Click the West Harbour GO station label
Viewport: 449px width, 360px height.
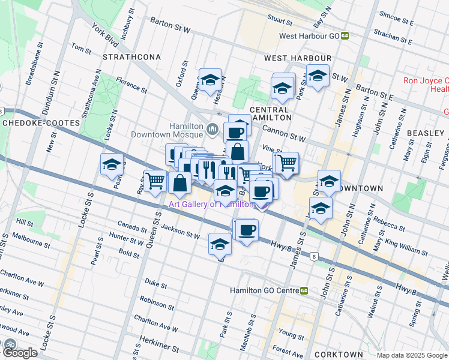pyautogui.click(x=310, y=36)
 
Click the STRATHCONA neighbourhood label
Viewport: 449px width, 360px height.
pyautogui.click(x=131, y=57)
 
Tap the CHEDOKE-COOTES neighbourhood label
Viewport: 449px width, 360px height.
pyautogui.click(x=41, y=122)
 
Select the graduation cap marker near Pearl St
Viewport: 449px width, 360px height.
pyautogui.click(x=112, y=166)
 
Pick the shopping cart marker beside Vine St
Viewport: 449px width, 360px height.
pyautogui.click(x=288, y=162)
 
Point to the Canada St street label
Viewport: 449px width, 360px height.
pyautogui.click(x=133, y=227)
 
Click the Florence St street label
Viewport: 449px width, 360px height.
pyautogui.click(x=132, y=85)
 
